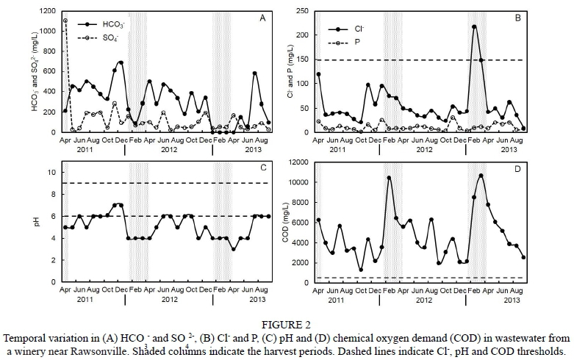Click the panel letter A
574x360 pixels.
[262, 18]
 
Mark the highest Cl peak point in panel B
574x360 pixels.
[474, 26]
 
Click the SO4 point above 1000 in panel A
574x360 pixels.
[65, 21]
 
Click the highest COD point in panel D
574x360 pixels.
[481, 176]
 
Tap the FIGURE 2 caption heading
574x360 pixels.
[287, 324]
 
